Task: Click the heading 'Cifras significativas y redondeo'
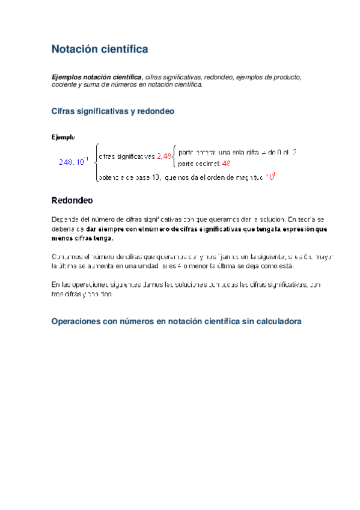[x=112, y=111]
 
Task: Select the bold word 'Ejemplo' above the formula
[x=63, y=138]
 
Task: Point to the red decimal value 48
[x=227, y=163]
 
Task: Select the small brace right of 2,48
[x=174, y=156]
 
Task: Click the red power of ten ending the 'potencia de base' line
[x=270, y=177]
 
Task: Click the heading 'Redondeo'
[x=72, y=200]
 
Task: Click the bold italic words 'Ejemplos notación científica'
[x=97, y=78]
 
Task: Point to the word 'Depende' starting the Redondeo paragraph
[x=66, y=220]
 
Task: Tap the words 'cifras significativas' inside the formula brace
[x=126, y=156]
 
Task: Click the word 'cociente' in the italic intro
[x=66, y=85]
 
